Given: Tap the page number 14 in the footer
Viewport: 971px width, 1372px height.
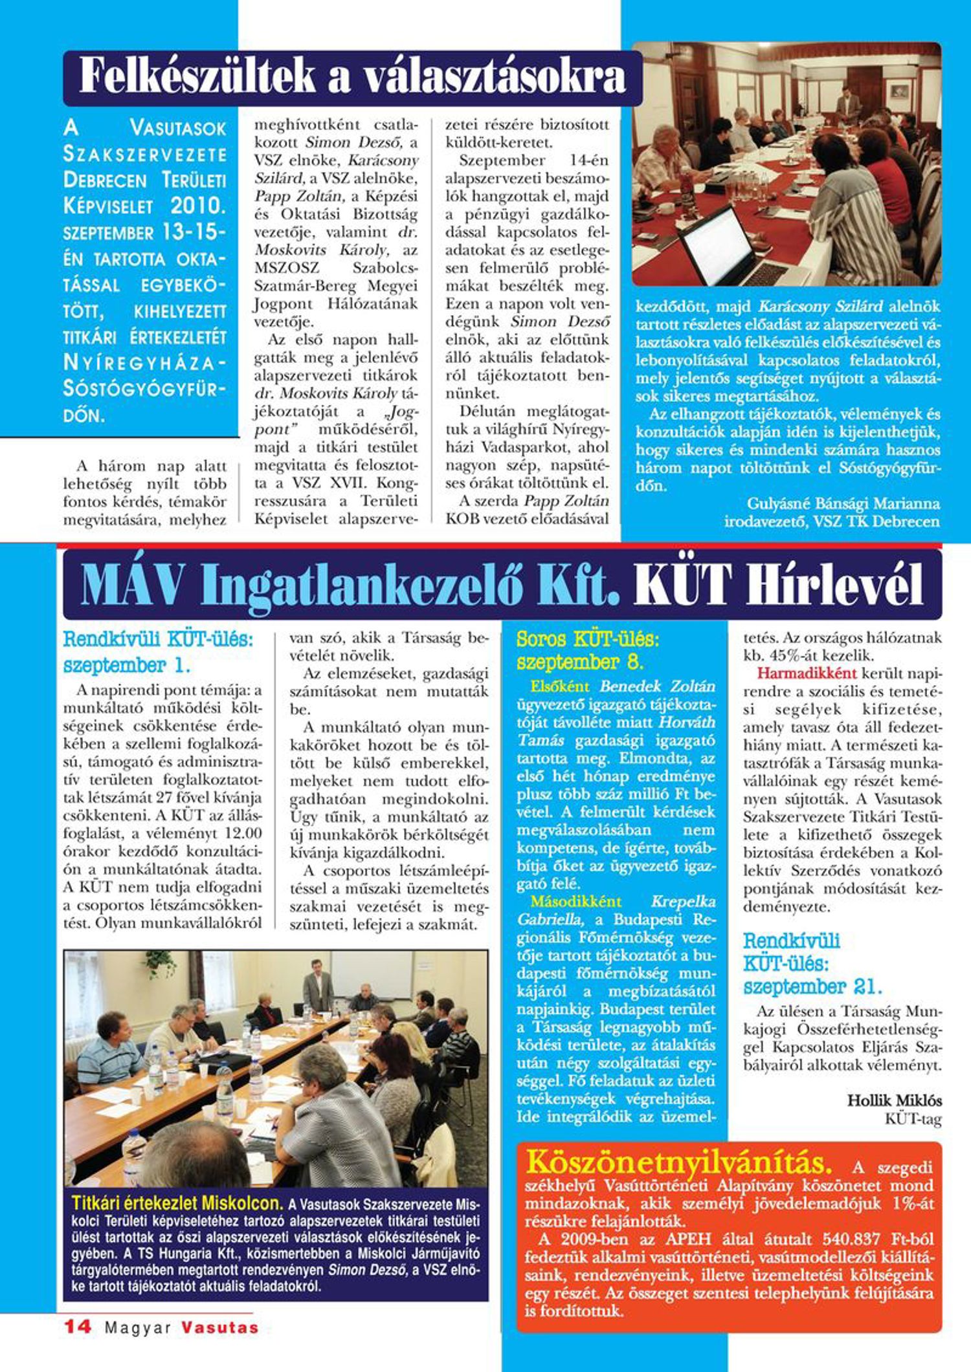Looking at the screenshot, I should (77, 1326).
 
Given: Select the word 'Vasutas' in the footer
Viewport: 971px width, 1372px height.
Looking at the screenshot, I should (220, 1327).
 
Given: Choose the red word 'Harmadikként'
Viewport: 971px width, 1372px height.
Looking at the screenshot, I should (807, 673).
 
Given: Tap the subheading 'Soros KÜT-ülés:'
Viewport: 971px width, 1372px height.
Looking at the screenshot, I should (587, 640).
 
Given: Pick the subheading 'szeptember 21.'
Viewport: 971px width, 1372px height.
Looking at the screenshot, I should (812, 987).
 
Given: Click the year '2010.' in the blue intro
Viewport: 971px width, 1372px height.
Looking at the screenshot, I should (199, 206).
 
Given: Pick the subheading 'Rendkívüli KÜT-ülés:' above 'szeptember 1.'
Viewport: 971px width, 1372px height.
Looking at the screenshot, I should (158, 640).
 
